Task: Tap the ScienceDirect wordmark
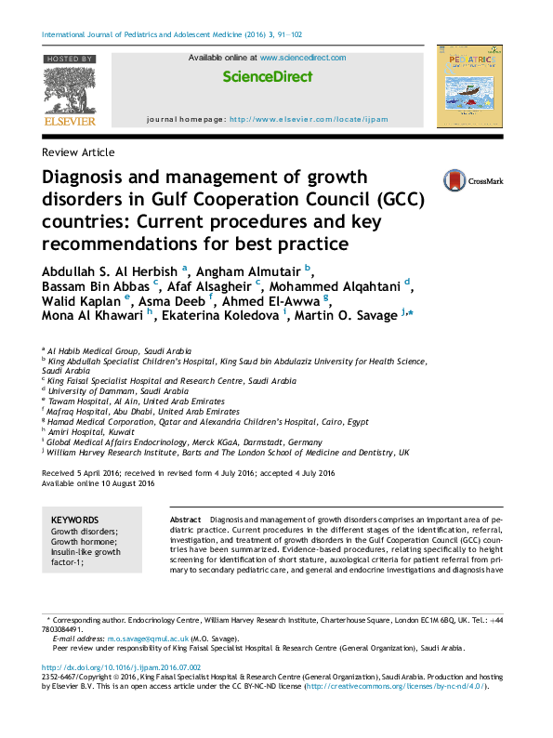point(268,77)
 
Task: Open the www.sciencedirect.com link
point(303,58)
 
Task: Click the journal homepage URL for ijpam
point(309,120)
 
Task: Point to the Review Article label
point(79,152)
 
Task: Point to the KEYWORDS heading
point(74,520)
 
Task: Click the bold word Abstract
point(186,520)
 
